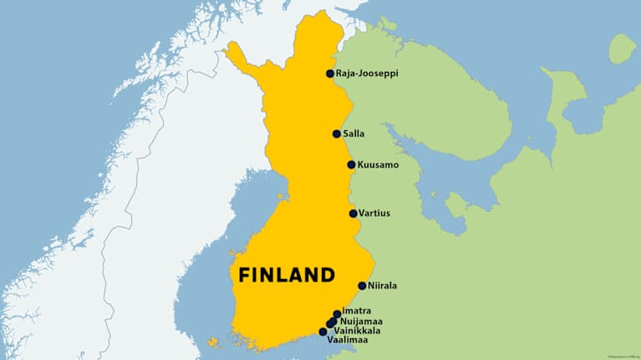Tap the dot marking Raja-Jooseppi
click(330, 74)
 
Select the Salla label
click(354, 134)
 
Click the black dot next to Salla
click(337, 134)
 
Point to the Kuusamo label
click(377, 165)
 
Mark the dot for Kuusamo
click(352, 165)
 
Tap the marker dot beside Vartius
click(354, 213)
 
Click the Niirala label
click(382, 286)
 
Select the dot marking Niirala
click(362, 286)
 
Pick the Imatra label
click(356, 311)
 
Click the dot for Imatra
click(337, 314)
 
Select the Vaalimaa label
click(348, 340)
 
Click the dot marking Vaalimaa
click(323, 332)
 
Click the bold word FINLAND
click(287, 275)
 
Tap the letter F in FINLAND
click(244, 275)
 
